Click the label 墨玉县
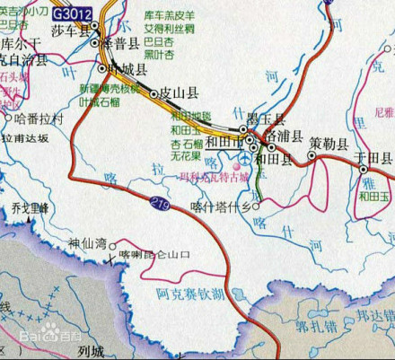click(267, 119)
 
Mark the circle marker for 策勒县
click(312, 154)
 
